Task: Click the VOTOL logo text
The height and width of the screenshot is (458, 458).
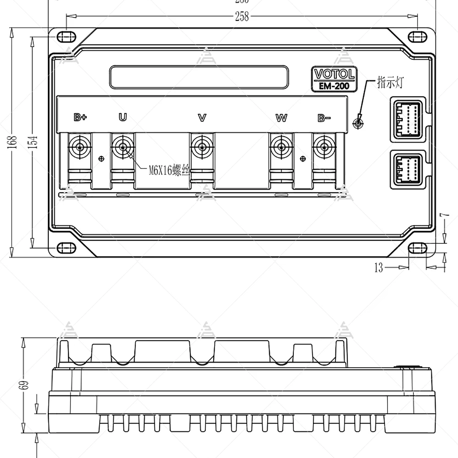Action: pos(334,74)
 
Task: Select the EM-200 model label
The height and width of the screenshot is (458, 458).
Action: pos(334,86)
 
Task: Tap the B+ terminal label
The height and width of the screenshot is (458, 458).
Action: pos(80,117)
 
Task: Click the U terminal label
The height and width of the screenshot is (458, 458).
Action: pos(123,117)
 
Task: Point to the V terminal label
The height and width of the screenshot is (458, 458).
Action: pos(202,117)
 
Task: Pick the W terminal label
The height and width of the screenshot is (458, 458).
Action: pos(281,118)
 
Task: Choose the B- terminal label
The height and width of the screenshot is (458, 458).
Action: pos(324,118)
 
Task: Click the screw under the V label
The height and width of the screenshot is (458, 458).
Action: pos(202,147)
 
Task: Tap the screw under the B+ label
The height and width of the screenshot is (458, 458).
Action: pos(80,147)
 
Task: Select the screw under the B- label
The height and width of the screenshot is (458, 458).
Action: pos(324,147)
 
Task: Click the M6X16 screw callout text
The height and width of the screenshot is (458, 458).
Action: pos(169,171)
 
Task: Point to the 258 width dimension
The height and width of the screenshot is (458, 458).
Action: pos(242,16)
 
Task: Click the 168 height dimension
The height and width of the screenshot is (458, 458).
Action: pos(13,142)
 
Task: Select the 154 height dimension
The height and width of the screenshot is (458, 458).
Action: pos(34,142)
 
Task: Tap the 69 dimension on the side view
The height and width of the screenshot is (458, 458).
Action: pos(25,385)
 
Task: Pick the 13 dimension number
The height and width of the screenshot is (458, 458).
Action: pos(379,268)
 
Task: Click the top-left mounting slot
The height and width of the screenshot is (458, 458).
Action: pos(66,37)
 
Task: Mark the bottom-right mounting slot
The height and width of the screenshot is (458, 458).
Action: pos(417,248)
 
